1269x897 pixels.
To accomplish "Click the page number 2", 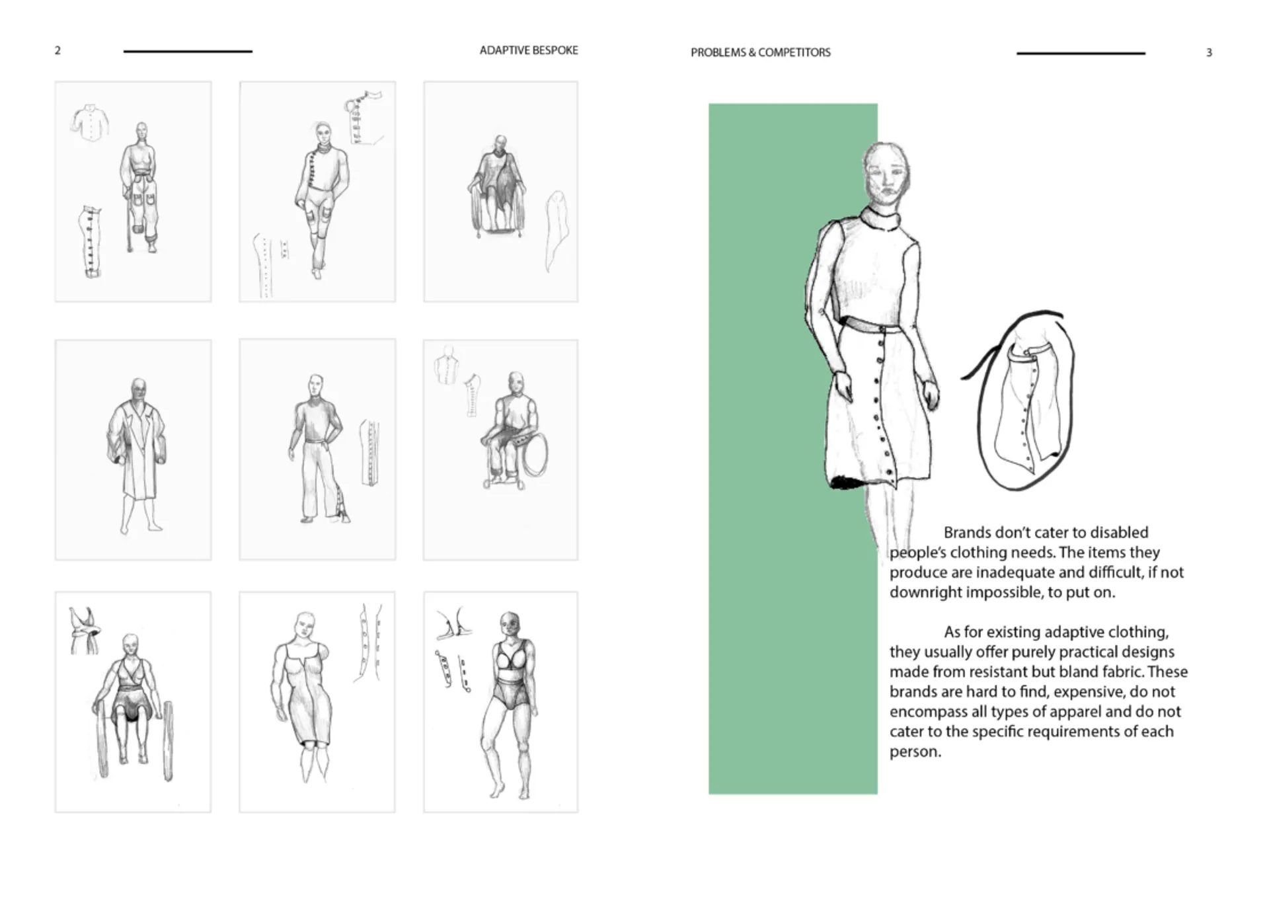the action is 58,50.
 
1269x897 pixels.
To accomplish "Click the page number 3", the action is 1209,52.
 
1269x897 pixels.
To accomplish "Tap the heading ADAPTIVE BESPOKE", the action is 529,50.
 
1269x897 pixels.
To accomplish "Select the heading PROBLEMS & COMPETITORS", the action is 761,52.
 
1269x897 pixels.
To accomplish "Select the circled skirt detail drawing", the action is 1021,402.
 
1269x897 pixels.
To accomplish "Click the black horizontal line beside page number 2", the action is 188,51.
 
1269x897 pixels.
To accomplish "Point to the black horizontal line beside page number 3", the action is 1081,53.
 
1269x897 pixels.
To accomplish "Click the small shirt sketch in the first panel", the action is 90,121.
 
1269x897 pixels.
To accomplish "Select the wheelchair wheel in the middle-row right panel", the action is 535,455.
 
